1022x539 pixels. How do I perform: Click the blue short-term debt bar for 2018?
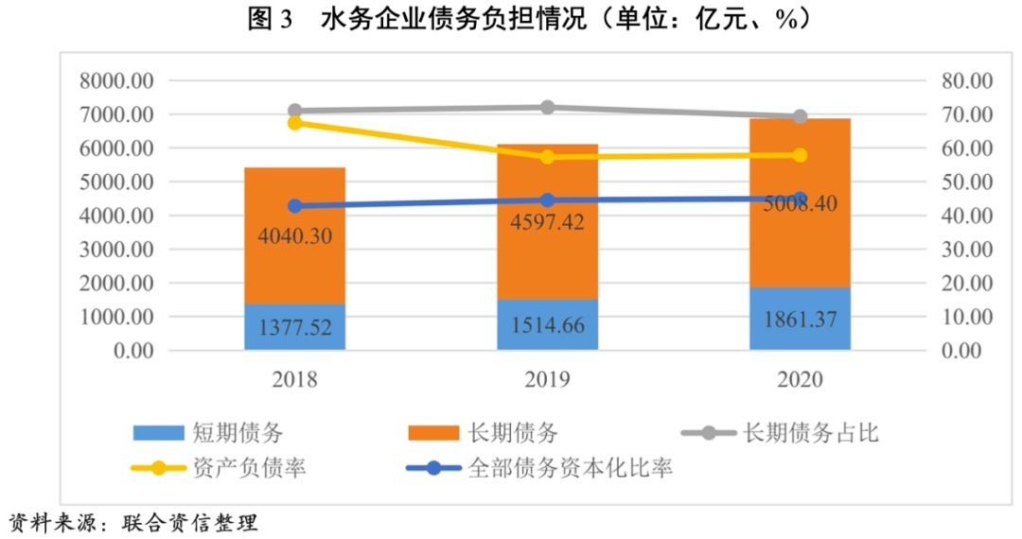[294, 327]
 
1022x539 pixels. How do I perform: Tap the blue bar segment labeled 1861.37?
[801, 319]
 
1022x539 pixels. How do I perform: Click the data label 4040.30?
[294, 236]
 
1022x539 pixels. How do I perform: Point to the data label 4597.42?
[547, 223]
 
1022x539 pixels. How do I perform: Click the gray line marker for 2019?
[547, 108]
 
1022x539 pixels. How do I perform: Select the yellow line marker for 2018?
[294, 123]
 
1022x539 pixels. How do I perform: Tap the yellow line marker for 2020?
[801, 155]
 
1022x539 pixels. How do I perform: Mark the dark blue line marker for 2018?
[294, 206]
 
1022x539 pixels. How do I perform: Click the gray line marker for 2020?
[801, 116]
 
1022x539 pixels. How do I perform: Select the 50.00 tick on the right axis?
[963, 183]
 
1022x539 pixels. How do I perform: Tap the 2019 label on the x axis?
[547, 380]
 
